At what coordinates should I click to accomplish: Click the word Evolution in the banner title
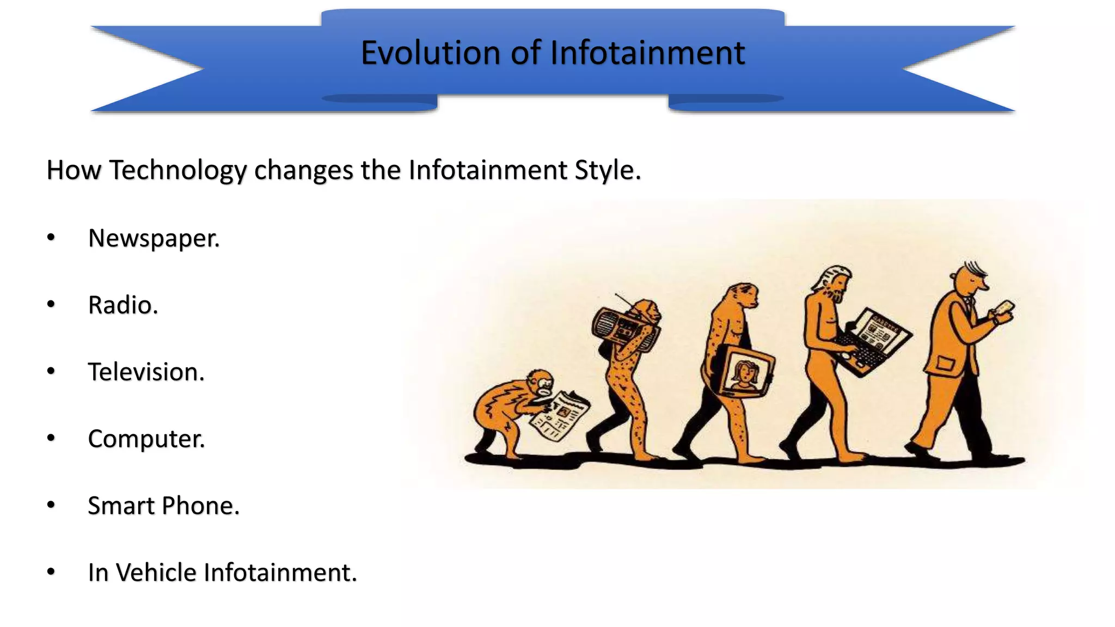pyautogui.click(x=431, y=53)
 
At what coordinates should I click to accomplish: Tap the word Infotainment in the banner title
pyautogui.click(x=647, y=53)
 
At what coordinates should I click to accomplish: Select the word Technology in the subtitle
pyautogui.click(x=177, y=170)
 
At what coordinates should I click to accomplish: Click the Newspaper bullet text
pyautogui.click(x=154, y=238)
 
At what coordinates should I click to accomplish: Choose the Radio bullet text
pyautogui.click(x=123, y=305)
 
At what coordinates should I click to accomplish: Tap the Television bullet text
pyautogui.click(x=146, y=372)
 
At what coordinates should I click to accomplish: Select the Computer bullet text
pyautogui.click(x=146, y=439)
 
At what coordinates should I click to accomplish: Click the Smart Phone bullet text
pyautogui.click(x=163, y=506)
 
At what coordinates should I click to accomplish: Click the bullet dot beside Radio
pyautogui.click(x=51, y=304)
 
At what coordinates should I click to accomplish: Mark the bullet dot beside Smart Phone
pyautogui.click(x=51, y=505)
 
